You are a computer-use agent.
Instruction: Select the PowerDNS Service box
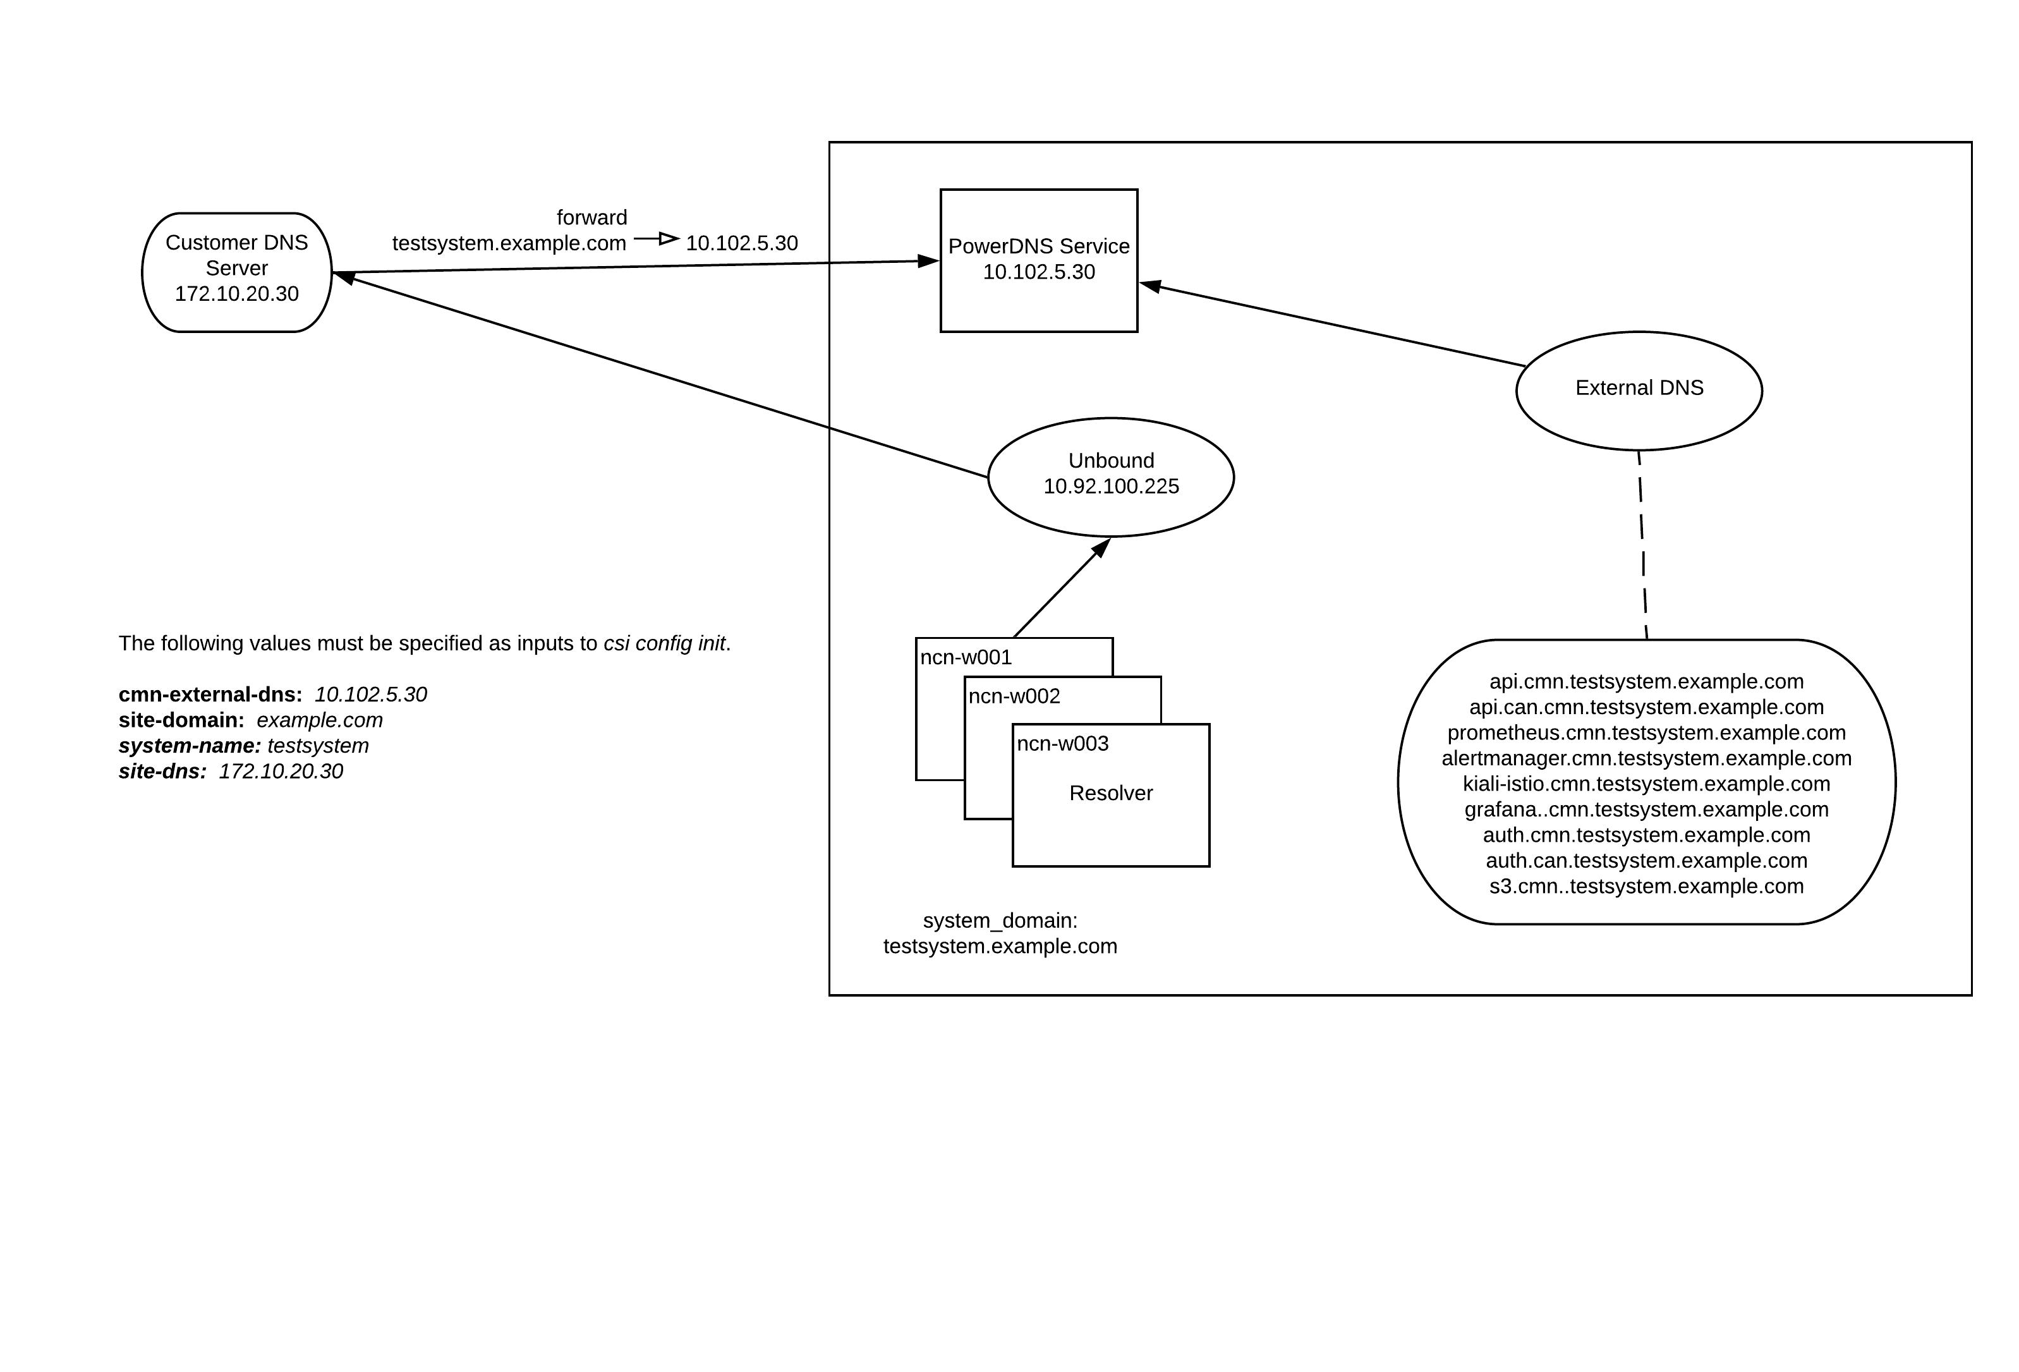click(x=1038, y=260)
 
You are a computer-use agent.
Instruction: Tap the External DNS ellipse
click(x=1639, y=390)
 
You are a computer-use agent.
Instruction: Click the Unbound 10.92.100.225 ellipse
click(x=1110, y=476)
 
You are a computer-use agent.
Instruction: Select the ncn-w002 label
click(x=1014, y=697)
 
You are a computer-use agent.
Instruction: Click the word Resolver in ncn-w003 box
click(x=1110, y=793)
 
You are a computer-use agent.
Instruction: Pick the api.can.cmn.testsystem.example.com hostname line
click(x=1646, y=707)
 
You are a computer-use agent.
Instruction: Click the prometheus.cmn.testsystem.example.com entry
click(x=1646, y=733)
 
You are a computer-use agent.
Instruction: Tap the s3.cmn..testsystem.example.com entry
click(x=1646, y=886)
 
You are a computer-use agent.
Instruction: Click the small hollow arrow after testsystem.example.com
click(x=667, y=238)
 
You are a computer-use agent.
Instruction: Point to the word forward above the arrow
click(x=591, y=217)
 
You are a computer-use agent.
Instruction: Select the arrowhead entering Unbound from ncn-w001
click(x=1101, y=547)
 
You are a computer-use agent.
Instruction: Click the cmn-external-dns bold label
click(x=210, y=695)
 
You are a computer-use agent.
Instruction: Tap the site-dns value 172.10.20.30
click(x=281, y=772)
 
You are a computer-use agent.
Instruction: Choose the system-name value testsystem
click(x=318, y=746)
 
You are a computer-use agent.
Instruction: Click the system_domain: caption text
click(x=999, y=921)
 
